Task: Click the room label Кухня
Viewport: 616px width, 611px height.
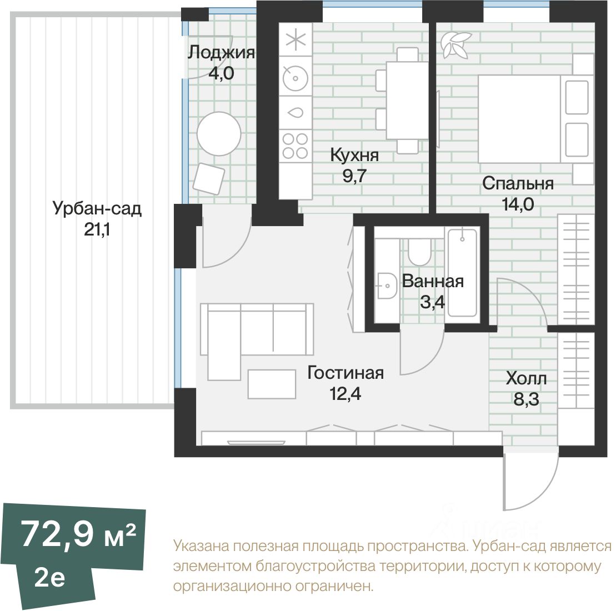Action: tap(354, 155)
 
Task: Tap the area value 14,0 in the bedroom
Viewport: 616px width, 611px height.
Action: tap(518, 204)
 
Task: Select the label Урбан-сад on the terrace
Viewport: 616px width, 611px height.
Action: tap(97, 209)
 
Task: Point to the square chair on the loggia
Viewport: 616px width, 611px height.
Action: tap(209, 178)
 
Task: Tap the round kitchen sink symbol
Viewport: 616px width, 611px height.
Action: tap(295, 78)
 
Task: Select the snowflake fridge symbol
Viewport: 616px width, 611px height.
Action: tap(295, 41)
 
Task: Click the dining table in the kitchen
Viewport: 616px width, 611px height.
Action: tap(407, 101)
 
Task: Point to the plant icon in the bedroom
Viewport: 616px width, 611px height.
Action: tap(454, 45)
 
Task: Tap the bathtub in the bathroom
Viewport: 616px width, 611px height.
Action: tap(462, 273)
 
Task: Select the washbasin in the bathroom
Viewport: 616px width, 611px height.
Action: tap(385, 287)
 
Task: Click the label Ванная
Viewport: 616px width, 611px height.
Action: tap(433, 281)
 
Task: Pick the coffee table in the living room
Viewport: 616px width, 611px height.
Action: tap(272, 384)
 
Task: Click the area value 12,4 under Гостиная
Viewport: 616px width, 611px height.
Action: tap(345, 394)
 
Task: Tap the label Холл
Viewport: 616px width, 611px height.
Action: tap(526, 379)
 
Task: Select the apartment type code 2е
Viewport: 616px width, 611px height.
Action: tap(49, 578)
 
